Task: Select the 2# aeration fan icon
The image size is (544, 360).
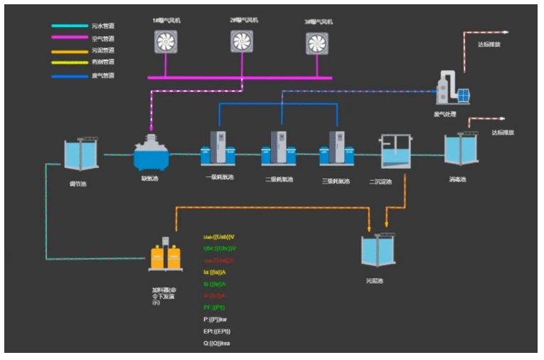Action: click(242, 41)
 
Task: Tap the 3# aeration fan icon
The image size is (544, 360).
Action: click(317, 43)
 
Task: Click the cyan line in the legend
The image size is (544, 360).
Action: click(68, 26)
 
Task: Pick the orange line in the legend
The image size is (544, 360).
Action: click(68, 51)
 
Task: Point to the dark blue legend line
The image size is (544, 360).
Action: click(68, 75)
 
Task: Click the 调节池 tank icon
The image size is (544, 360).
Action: click(80, 154)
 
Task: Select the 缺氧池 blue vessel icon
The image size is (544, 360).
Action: click(151, 152)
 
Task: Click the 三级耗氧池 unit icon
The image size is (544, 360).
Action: click(336, 149)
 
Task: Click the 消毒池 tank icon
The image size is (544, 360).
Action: click(460, 150)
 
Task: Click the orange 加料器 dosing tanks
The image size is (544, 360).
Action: click(166, 257)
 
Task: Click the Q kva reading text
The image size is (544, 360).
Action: click(217, 344)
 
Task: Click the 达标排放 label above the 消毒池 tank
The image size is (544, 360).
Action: click(503, 132)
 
